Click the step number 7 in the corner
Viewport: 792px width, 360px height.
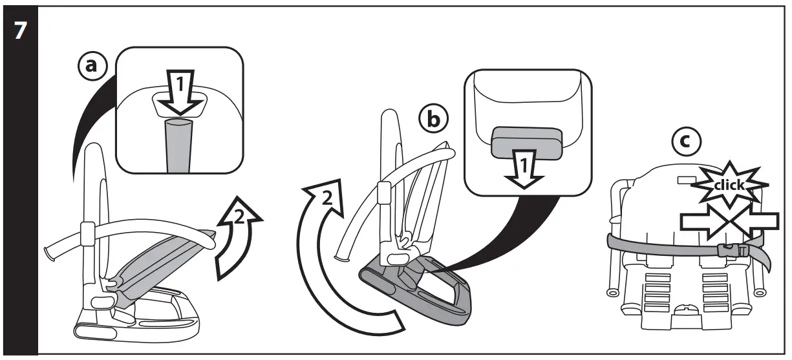pyautogui.click(x=20, y=30)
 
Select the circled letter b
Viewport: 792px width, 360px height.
pyautogui.click(x=433, y=120)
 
